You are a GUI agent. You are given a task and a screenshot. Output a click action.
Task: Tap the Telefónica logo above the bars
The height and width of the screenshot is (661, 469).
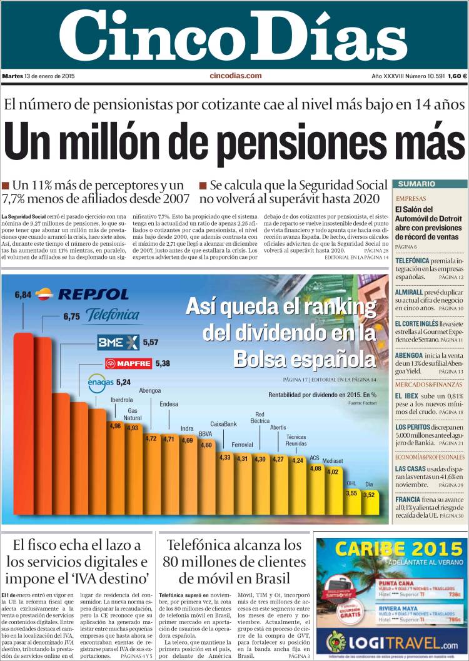pyautogui.click(x=113, y=315)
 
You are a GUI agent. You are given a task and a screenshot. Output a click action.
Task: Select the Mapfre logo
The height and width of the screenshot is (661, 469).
pyautogui.click(x=129, y=363)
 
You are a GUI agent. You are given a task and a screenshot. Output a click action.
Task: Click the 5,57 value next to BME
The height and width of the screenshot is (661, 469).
pyautogui.click(x=151, y=342)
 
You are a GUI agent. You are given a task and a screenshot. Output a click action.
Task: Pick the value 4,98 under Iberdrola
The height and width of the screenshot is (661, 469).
pyautogui.click(x=115, y=426)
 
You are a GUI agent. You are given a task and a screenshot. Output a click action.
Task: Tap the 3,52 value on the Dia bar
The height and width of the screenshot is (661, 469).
pyautogui.click(x=369, y=495)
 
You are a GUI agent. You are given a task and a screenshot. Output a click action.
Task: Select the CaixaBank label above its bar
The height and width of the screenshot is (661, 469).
pyautogui.click(x=223, y=424)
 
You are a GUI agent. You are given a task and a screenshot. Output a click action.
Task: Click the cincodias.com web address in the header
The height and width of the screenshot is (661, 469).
pyautogui.click(x=235, y=76)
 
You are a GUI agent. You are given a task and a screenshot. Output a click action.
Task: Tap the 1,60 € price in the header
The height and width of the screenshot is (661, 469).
pyautogui.click(x=457, y=76)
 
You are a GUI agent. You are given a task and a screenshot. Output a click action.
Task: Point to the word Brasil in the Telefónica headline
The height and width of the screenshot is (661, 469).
pyautogui.click(x=280, y=579)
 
